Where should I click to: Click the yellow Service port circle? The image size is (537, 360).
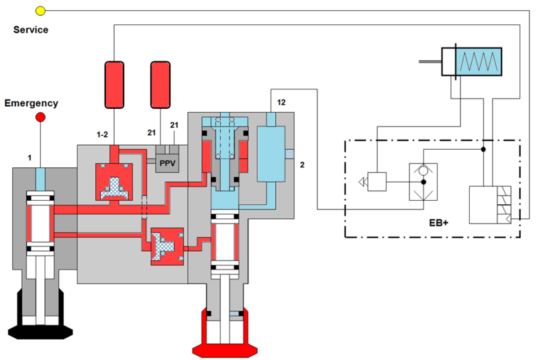[x=40, y=11]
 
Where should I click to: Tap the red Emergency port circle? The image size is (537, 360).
[x=40, y=117]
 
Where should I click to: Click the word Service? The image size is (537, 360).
[x=31, y=30]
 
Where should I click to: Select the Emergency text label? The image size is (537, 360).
[x=31, y=103]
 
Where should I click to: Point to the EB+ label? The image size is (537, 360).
[x=439, y=222]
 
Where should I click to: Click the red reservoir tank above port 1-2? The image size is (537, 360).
[x=114, y=85]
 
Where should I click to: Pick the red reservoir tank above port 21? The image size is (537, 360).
[x=160, y=85]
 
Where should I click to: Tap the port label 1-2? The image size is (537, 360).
[x=102, y=134]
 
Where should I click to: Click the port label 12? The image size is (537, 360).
[x=281, y=102]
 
